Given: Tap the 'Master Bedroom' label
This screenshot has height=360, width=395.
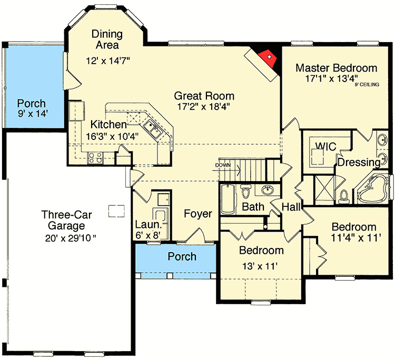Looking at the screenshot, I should click(336, 68).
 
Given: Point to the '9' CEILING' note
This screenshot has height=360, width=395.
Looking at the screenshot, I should click(367, 84).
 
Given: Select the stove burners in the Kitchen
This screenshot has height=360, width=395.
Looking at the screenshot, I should click(96, 156).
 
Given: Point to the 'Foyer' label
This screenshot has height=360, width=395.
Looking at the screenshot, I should click(197, 214).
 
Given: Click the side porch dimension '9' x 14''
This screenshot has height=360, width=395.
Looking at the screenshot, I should click(32, 114).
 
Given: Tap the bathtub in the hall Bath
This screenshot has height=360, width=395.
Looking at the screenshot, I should click(228, 197).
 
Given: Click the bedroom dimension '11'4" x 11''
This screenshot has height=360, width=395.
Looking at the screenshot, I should click(353, 238).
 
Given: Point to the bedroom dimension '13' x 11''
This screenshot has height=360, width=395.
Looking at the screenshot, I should click(261, 266).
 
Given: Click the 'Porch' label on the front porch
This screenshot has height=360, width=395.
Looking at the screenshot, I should click(182, 257).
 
